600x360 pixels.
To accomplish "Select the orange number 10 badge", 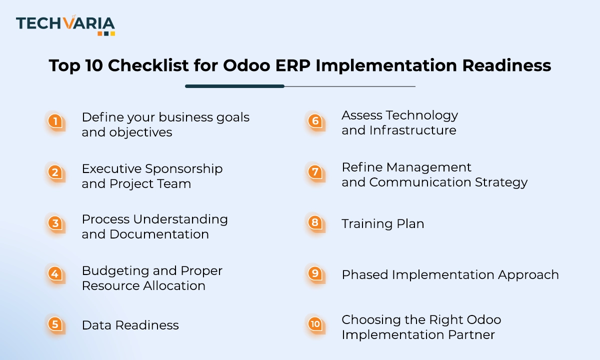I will [x=314, y=324].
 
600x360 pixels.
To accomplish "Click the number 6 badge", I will [x=314, y=120].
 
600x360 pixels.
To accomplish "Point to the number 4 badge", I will [x=55, y=273].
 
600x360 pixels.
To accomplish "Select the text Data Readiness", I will [x=130, y=325].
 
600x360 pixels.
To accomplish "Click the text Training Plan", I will [x=382, y=224].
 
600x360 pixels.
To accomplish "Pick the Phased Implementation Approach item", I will [x=450, y=274].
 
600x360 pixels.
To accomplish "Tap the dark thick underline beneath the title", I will [x=234, y=86].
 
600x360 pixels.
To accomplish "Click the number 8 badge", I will [x=314, y=222].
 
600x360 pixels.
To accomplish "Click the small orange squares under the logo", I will [x=106, y=33].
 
